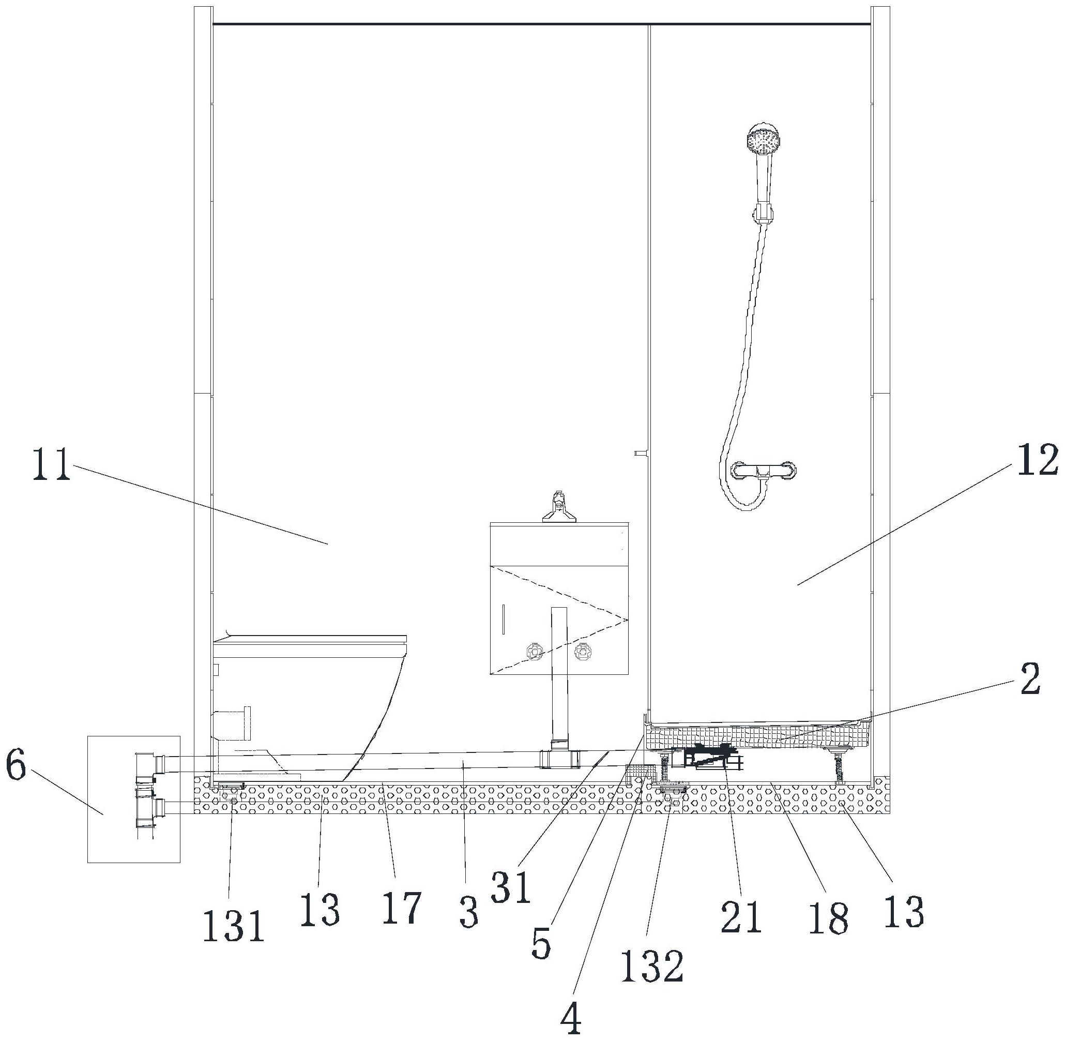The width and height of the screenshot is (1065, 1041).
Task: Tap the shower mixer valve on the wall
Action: coord(764,471)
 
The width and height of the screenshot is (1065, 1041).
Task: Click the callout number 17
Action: coord(402,908)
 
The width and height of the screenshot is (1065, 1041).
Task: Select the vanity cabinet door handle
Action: coord(503,620)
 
